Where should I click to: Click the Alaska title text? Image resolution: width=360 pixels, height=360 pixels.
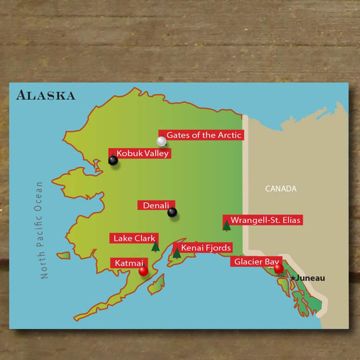(46, 95)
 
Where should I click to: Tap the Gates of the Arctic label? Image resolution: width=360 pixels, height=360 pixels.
(203, 135)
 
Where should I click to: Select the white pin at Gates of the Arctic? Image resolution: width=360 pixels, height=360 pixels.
(161, 142)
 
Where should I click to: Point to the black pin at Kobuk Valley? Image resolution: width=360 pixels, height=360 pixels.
(113, 160)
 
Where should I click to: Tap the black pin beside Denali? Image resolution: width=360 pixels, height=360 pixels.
(172, 212)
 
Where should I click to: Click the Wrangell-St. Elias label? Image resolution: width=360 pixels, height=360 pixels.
(265, 220)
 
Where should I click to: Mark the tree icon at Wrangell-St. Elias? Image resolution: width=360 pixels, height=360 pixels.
(227, 226)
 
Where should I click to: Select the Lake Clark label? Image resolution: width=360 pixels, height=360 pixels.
(134, 238)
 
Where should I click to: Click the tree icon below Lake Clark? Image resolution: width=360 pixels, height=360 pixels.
(155, 245)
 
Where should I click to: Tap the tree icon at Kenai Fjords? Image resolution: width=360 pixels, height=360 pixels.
(177, 253)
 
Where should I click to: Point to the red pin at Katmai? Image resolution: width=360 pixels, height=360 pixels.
(143, 271)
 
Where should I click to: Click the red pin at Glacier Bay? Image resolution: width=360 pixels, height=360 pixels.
(278, 268)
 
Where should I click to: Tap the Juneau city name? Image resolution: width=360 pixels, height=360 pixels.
(311, 278)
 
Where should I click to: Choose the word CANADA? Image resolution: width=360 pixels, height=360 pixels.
(281, 188)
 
